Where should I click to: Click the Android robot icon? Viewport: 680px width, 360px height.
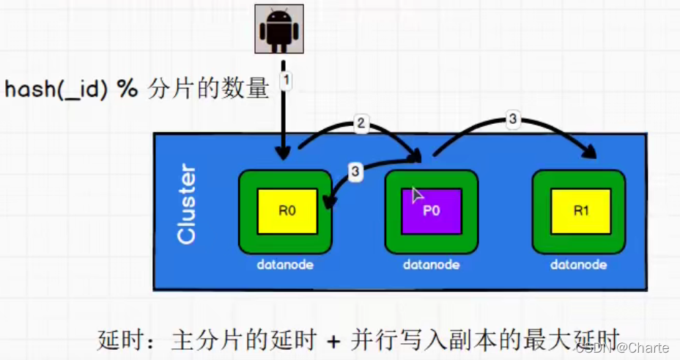pos(278,29)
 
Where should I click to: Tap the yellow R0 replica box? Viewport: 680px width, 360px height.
pos(287,211)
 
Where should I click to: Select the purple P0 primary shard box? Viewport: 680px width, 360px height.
pos(432,211)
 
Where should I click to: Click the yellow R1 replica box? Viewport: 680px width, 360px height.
pos(581,211)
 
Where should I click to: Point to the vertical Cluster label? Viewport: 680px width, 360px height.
pos(187,205)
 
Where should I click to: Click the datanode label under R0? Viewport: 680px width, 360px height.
pos(285,265)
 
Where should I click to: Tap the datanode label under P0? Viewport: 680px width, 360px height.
pos(431,265)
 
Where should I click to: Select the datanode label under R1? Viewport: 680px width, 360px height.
pos(579,265)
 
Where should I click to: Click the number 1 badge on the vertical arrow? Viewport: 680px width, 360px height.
pos(287,80)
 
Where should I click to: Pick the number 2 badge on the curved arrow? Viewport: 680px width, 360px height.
pos(360,123)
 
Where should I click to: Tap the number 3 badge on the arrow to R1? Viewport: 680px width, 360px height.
pos(513,119)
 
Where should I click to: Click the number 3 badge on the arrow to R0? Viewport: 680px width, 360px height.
pos(355,172)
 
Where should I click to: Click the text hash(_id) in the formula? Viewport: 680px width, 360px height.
pos(57,90)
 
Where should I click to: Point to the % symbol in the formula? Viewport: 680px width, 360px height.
pos(129,90)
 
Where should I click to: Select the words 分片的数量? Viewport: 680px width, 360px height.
pos(207,90)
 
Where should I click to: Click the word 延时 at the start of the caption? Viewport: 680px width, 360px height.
pos(117,341)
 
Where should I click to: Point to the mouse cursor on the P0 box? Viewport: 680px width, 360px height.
pos(417,194)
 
